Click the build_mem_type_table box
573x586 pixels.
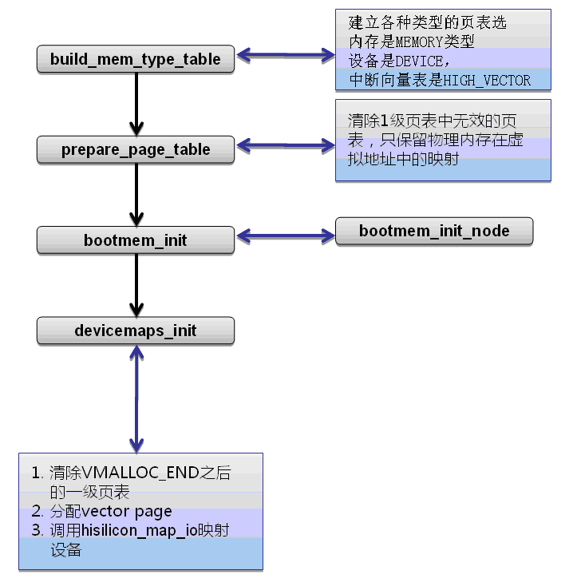click(136, 59)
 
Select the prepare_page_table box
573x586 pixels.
click(136, 149)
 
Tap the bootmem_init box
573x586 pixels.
click(136, 240)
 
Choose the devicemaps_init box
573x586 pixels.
click(136, 331)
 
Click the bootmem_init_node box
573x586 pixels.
click(433, 232)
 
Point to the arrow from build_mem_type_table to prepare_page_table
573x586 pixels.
click(136, 104)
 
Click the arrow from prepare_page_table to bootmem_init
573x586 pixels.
click(136, 194)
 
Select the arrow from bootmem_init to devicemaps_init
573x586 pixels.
click(136, 285)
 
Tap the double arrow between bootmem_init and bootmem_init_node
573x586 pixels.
click(285, 236)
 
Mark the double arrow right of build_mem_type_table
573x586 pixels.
click(285, 55)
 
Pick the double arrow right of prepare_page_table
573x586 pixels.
click(285, 145)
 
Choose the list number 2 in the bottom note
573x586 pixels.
click(37, 512)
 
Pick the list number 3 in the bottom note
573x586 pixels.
click(37, 531)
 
